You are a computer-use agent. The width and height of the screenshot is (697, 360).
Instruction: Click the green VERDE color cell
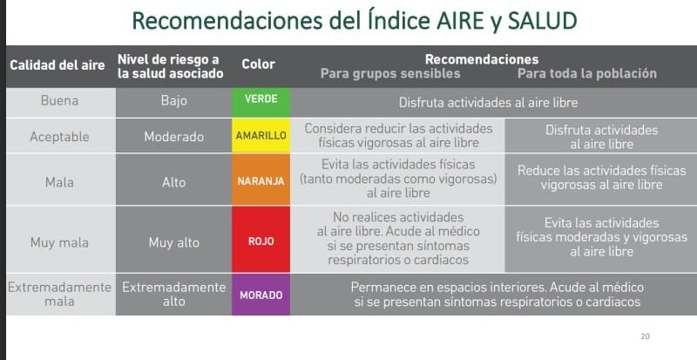[x=261, y=102]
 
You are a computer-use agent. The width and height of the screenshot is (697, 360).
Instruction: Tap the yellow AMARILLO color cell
[x=261, y=135]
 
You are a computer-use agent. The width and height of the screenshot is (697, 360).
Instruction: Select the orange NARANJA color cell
[x=261, y=180]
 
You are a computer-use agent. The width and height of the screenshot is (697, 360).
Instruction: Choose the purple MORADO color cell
[x=261, y=294]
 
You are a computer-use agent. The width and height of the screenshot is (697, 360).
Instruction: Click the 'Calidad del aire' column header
[x=58, y=65]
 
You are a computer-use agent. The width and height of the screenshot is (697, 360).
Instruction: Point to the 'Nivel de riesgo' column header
[x=170, y=66]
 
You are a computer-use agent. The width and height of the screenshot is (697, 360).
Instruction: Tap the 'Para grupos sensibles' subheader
[x=390, y=73]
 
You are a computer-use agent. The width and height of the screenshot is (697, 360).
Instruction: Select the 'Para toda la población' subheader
[x=586, y=73]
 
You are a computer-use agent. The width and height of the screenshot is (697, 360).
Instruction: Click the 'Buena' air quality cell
[x=59, y=100]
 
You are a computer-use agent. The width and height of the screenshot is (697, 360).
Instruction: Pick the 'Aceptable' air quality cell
[x=59, y=137]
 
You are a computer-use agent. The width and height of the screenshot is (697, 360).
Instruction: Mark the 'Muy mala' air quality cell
[x=59, y=242]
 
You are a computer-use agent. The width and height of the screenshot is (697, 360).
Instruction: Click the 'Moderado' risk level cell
[x=173, y=137]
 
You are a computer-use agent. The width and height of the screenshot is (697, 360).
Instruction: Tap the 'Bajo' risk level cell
[x=173, y=100]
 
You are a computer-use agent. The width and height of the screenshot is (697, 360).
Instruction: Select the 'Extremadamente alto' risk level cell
[x=173, y=294]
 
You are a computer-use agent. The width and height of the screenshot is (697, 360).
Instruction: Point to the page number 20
[x=645, y=336]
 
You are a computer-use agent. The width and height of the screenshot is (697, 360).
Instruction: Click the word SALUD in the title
[x=542, y=21]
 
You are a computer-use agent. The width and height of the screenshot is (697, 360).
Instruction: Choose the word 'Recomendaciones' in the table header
[x=482, y=59]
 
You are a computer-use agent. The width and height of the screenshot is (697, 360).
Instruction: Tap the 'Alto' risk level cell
[x=173, y=182]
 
